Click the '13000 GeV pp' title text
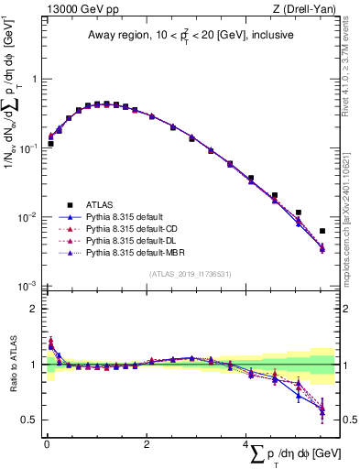point(79,9)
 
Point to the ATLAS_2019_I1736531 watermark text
point(190,274)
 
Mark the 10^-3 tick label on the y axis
point(29,286)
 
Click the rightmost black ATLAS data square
point(322,231)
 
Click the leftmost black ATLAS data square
point(51,144)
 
